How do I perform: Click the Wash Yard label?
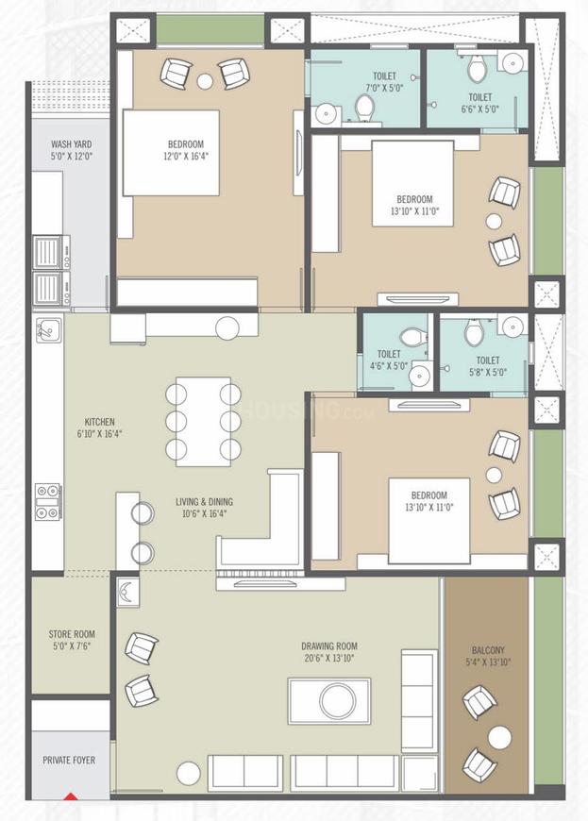(72, 151)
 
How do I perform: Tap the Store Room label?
(72, 641)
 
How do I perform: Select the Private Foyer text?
(72, 759)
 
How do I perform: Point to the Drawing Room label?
(329, 653)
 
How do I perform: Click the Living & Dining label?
(204, 508)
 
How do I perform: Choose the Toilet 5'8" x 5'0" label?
(488, 366)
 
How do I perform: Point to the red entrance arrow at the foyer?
(70, 796)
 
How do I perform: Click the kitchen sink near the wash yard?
(47, 330)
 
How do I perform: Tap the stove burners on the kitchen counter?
(46, 501)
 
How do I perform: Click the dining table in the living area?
(203, 421)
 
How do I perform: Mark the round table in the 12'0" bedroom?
(205, 81)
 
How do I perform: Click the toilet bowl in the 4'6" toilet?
(412, 337)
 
